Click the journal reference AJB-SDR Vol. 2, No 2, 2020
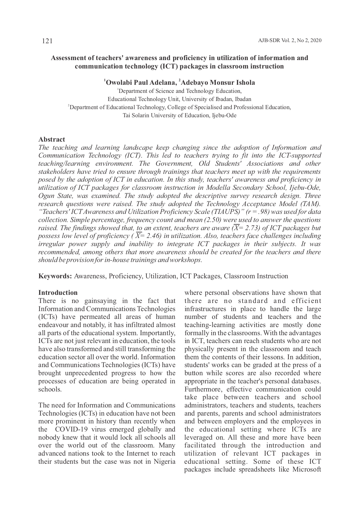point(290,41)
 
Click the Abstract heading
point(52,139)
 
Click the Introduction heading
point(58,293)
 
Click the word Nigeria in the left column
point(165,462)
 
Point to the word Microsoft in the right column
point(307,470)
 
